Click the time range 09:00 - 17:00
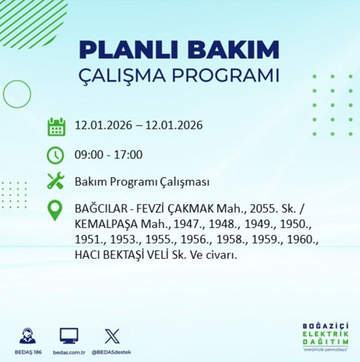(x=108, y=155)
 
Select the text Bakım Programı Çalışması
(x=141, y=182)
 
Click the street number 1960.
(x=306, y=239)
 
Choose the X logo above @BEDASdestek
(x=112, y=336)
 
